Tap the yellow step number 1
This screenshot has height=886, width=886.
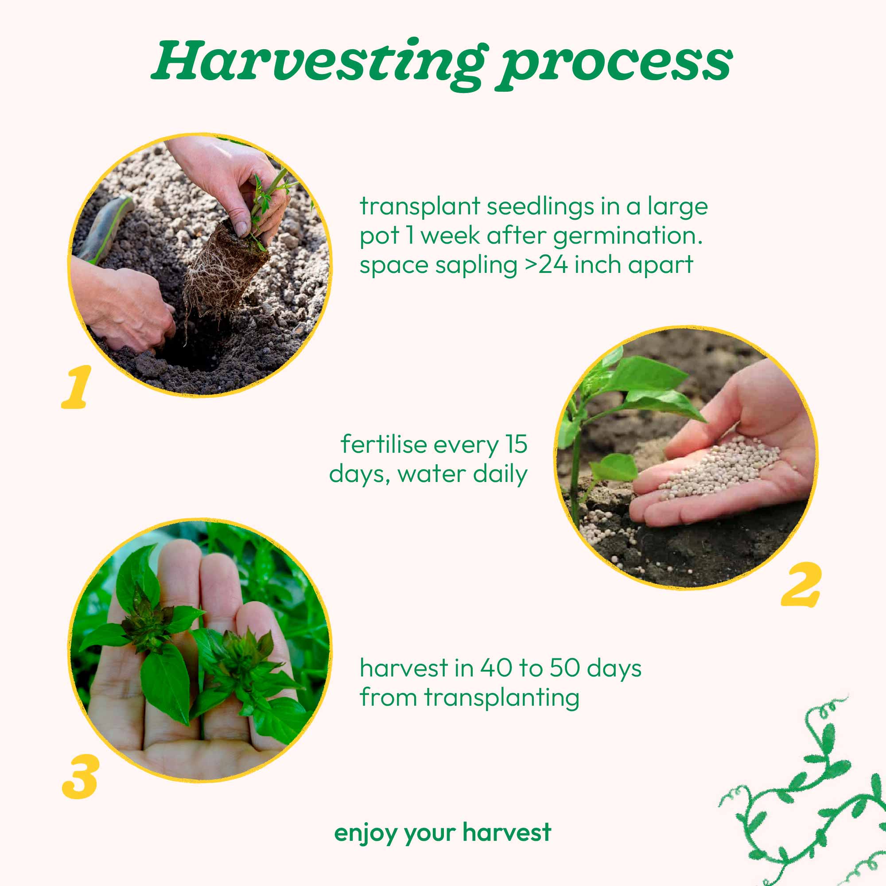tap(77, 387)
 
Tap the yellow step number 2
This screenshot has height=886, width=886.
tap(801, 584)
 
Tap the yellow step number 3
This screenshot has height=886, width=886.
tap(81, 777)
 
